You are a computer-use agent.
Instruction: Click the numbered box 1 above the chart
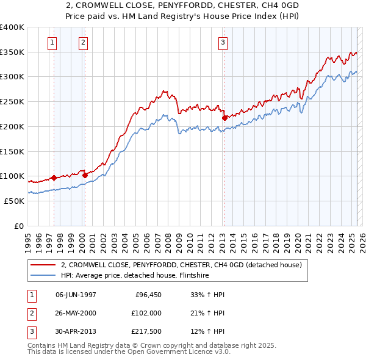click(x=52, y=42)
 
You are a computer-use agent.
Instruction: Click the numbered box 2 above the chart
click(x=83, y=42)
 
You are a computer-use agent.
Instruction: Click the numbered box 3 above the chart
click(x=223, y=42)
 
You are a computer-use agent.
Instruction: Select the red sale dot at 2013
click(x=224, y=117)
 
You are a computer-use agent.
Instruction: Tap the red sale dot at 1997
click(x=54, y=178)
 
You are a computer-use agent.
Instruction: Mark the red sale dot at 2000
click(x=85, y=175)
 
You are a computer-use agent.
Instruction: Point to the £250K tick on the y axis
click(x=12, y=102)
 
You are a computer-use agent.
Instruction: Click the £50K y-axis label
click(x=14, y=201)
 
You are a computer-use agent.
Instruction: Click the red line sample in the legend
click(x=43, y=265)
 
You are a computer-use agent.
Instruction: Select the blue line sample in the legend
click(x=43, y=276)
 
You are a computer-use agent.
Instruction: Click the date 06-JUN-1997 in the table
click(x=76, y=295)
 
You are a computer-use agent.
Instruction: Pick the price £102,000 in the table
click(x=146, y=312)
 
